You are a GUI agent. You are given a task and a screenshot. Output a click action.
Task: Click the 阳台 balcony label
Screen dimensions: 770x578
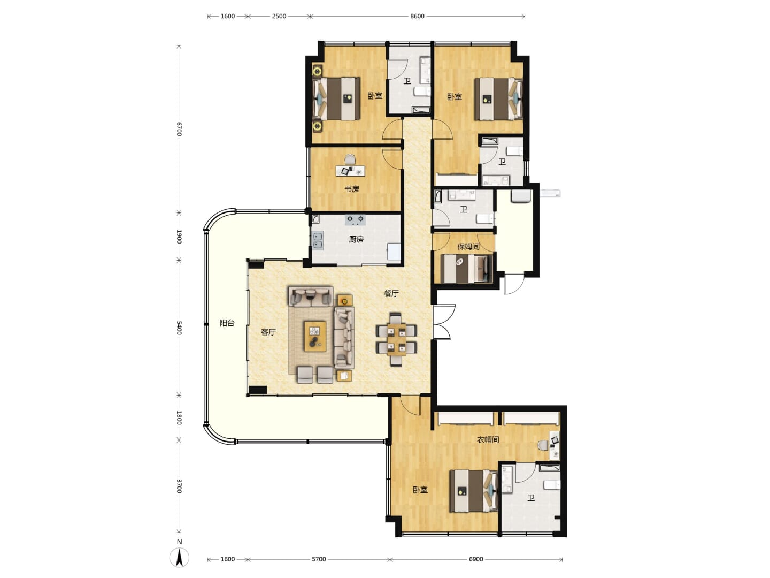pos(227,323)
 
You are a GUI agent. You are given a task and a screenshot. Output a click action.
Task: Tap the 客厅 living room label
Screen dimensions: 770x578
pos(268,332)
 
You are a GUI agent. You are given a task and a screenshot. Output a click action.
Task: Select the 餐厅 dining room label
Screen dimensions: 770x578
pos(391,294)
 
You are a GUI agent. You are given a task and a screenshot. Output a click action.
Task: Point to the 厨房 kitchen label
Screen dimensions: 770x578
pos(356,239)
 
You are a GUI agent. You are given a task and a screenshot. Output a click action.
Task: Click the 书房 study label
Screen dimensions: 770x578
pos(351,189)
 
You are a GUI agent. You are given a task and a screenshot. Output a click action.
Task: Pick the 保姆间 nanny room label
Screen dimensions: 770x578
pos(468,247)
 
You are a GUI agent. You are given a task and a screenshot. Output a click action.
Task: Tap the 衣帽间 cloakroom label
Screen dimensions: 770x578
pos(488,439)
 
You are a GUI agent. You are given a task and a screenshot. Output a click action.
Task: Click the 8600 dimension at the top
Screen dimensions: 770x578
pos(417,16)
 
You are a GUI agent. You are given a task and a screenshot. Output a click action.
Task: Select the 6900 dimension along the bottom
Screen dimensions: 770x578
pos(476,559)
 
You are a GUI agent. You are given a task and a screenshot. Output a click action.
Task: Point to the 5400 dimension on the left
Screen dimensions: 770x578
pos(179,328)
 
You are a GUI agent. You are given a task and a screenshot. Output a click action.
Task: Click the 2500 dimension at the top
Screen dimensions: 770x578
pos(279,16)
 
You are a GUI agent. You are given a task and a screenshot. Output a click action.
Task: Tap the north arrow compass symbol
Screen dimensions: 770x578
pos(179,557)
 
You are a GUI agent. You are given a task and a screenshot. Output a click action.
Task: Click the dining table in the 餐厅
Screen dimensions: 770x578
pos(396,339)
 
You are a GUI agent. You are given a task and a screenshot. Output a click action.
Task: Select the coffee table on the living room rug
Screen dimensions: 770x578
pos(314,336)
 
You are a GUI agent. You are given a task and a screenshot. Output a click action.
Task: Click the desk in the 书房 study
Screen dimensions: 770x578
pos(350,171)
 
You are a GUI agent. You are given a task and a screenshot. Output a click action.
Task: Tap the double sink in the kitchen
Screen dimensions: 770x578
pos(318,241)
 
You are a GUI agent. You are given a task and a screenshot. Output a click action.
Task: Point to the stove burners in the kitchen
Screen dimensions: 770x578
pos(355,219)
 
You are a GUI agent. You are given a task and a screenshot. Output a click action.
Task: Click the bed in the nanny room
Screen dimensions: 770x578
pos(466,269)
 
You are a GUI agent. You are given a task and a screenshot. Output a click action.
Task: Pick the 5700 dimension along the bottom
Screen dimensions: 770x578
pos(319,559)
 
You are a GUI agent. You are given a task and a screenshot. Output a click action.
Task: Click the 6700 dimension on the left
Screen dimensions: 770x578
pos(179,129)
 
